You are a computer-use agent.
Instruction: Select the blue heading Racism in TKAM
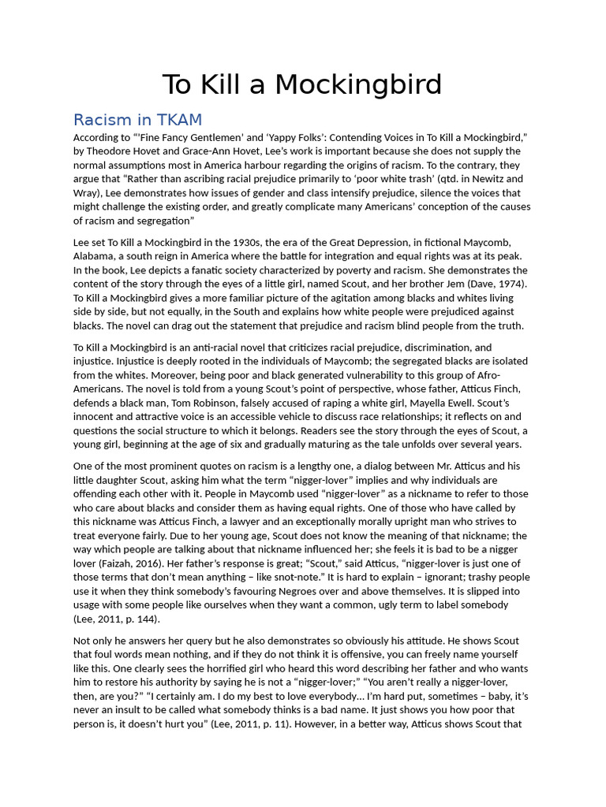pos(137,120)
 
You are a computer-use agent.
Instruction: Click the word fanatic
pos(207,270)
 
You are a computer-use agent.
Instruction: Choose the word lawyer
pos(251,522)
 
